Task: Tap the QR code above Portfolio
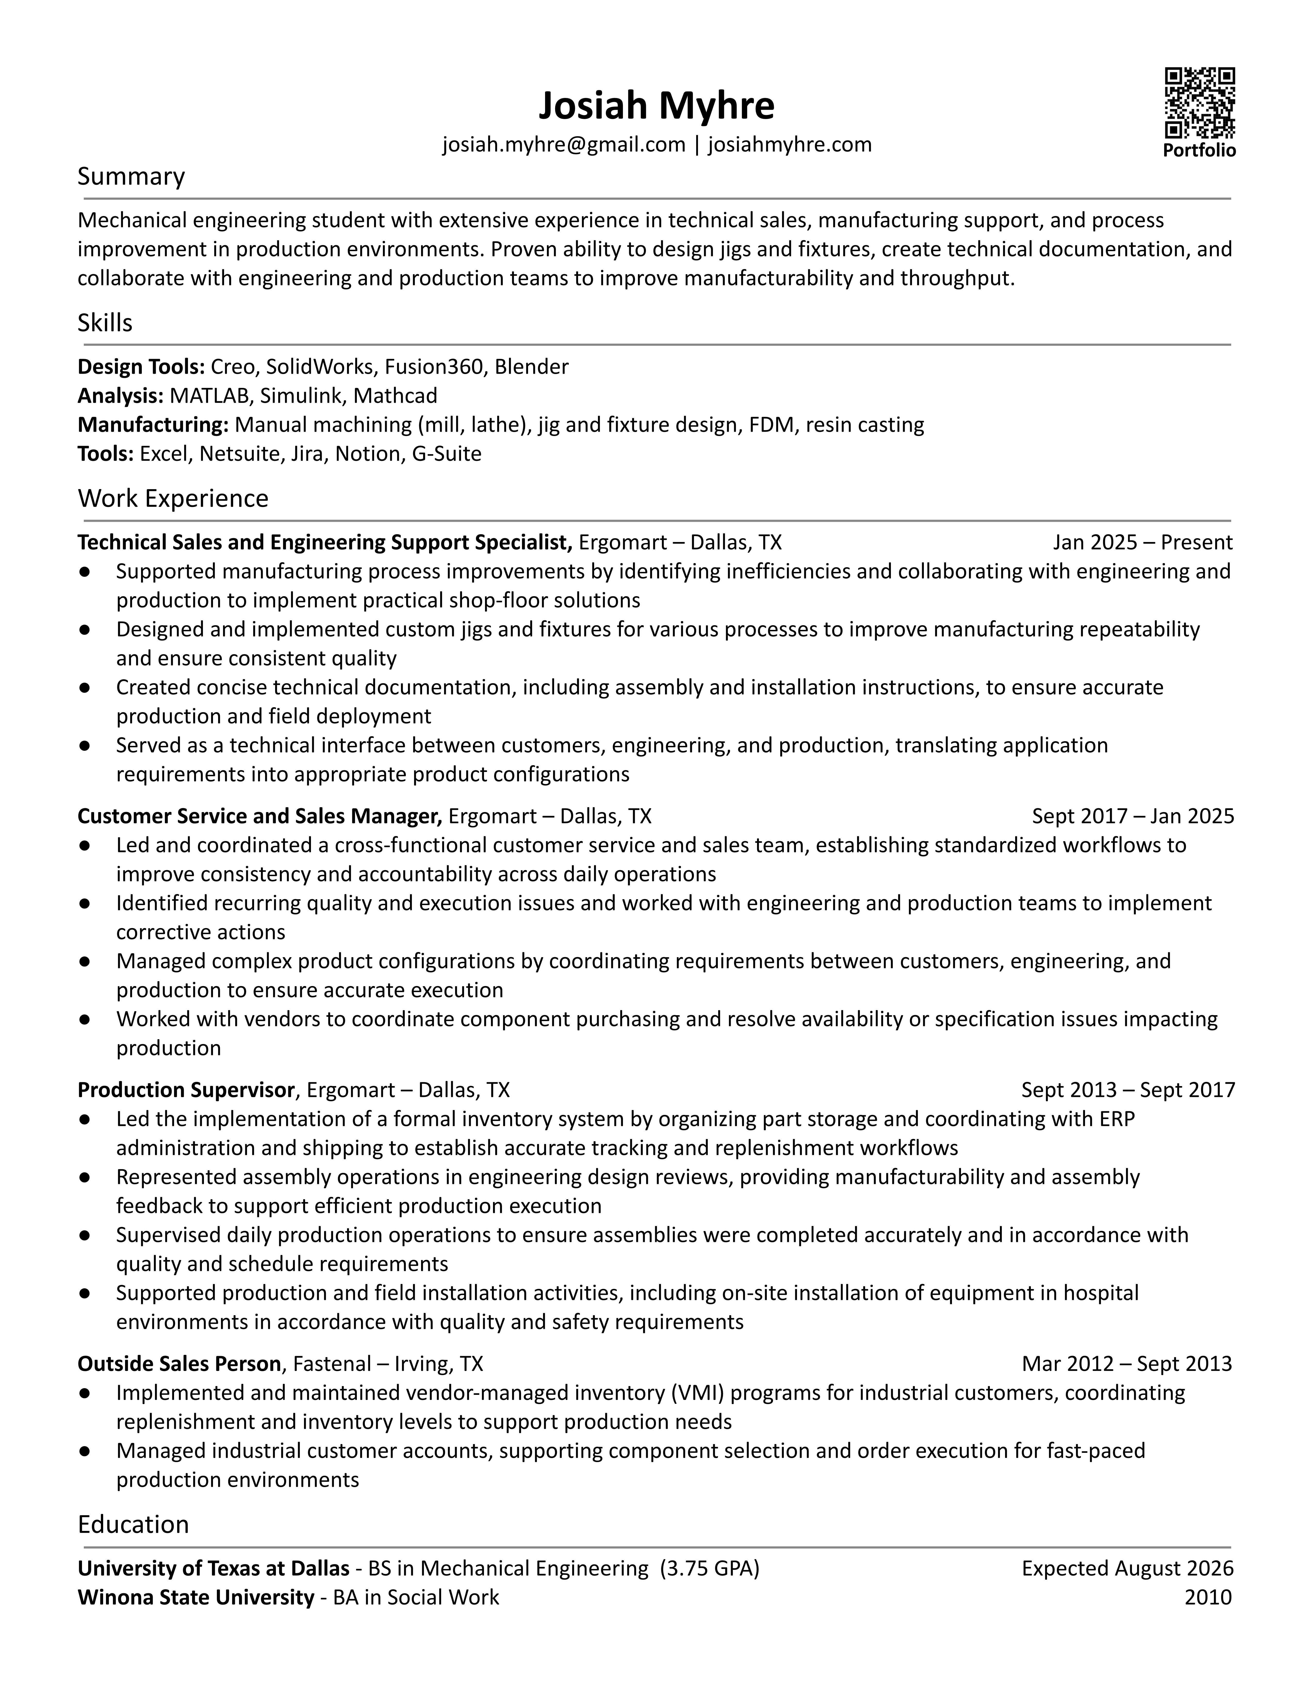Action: pos(1200,103)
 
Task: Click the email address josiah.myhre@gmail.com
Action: pos(563,145)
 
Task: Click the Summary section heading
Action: pos(131,177)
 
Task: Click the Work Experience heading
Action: pos(173,498)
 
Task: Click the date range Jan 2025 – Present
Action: pos(1142,543)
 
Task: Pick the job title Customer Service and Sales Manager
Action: pos(259,816)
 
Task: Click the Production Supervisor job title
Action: pos(186,1090)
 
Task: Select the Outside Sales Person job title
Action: pos(179,1364)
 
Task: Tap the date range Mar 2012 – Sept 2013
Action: pos(1127,1364)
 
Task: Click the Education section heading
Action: pos(133,1524)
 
